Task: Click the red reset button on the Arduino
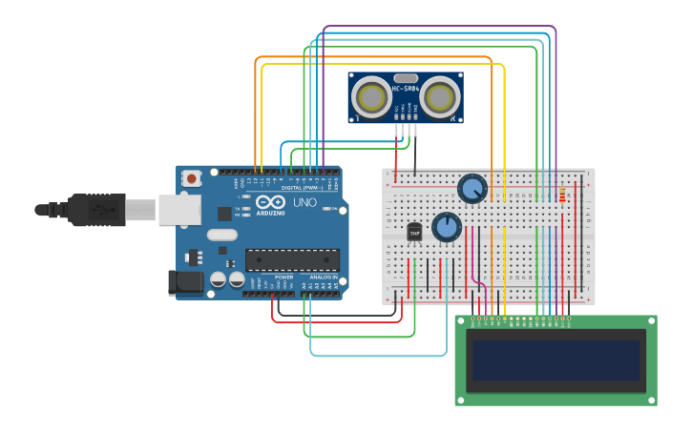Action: coord(192,178)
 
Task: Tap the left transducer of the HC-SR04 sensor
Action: coord(371,96)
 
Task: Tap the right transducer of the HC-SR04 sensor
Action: coord(440,96)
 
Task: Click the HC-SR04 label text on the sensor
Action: coord(406,89)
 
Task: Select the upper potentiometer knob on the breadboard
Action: coord(472,188)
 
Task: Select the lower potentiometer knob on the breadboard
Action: coord(446,227)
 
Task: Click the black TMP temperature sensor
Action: coord(414,232)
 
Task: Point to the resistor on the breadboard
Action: coord(561,195)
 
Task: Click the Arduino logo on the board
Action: coord(269,202)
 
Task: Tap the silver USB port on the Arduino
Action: coord(178,209)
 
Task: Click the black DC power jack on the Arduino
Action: coord(185,281)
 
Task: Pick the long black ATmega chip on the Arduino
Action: coord(292,259)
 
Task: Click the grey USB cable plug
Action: coord(139,209)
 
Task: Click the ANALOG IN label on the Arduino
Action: coord(322,277)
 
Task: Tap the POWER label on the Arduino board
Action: coord(283,277)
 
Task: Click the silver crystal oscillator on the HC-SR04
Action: coord(406,78)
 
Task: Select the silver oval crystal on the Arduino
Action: coord(221,235)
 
